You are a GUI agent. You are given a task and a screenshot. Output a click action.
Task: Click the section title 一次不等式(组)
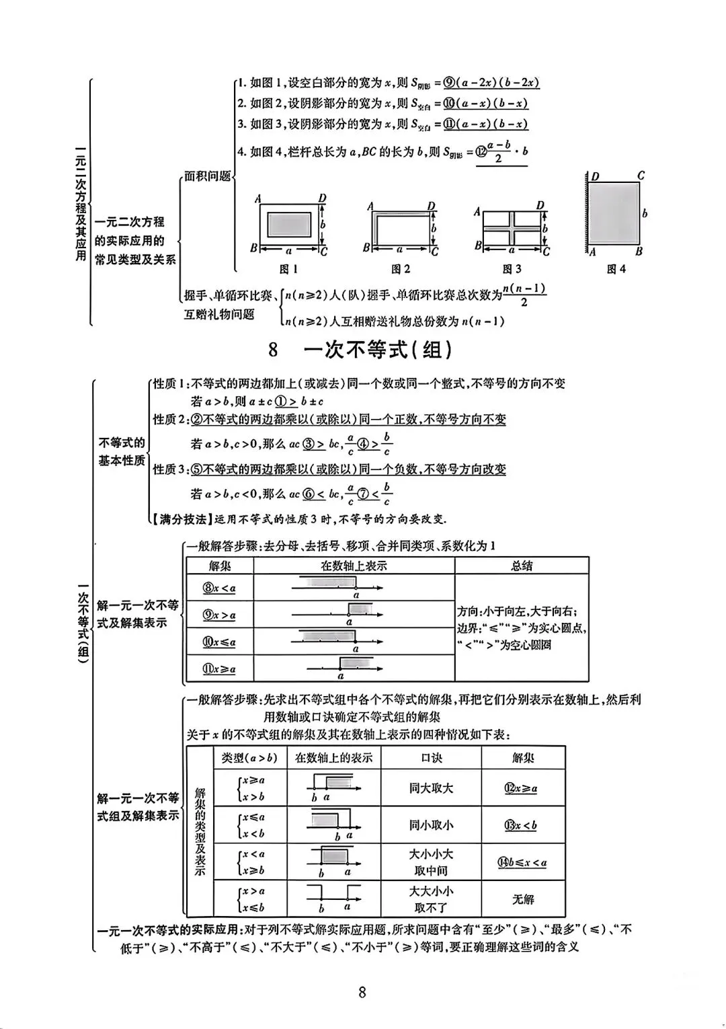pos(377,350)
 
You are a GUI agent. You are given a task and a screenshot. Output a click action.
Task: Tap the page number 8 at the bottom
pos(362,993)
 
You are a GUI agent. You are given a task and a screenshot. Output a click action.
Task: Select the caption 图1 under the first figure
pos(288,269)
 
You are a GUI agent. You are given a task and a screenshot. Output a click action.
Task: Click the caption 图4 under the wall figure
pos(616,269)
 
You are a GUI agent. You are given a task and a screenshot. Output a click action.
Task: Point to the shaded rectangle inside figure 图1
pos(289,223)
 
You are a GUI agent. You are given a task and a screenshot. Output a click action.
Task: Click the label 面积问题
pos(208,176)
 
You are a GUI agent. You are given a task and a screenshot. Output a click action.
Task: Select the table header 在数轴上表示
pos(354,566)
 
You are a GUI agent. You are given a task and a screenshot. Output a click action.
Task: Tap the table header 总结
pos(522,566)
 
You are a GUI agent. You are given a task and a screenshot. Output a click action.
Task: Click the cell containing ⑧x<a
pos(219,588)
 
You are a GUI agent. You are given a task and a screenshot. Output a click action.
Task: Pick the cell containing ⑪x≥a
pos(219,669)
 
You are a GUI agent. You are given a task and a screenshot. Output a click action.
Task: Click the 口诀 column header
pos(431,758)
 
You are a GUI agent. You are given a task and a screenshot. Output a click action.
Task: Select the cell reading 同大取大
pos(431,788)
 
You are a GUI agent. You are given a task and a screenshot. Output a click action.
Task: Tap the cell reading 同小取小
pos(431,825)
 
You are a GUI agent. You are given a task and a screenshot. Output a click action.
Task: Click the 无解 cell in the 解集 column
pos(523,899)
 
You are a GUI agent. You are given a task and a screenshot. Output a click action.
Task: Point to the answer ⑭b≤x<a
pos(522,862)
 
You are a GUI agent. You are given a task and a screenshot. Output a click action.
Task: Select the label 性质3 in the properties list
pos(168,469)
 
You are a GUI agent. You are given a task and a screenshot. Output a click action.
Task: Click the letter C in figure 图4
pos(641,176)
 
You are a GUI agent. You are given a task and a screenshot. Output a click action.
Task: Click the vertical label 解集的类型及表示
pos(200,831)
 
